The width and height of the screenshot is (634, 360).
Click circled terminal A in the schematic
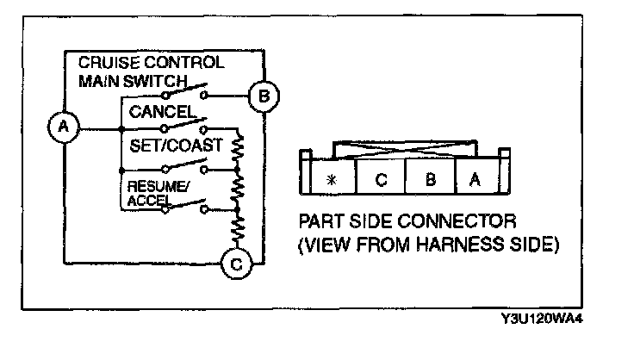click(x=61, y=129)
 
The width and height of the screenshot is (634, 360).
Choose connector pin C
click(x=380, y=180)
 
